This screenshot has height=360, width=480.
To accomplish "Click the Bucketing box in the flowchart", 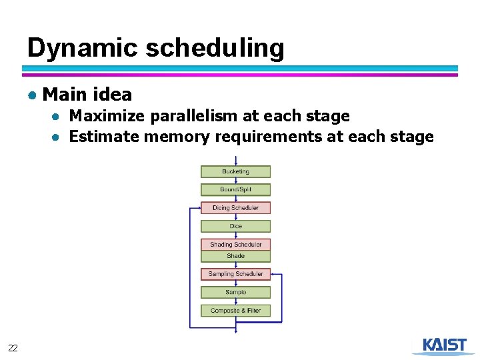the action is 235,171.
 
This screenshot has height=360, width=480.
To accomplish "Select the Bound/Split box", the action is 235,189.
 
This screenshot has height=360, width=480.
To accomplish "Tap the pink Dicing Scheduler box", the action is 235,208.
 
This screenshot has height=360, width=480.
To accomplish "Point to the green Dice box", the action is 235,226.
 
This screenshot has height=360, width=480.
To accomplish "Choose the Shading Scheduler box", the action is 235,245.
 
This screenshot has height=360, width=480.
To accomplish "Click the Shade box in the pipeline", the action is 235,256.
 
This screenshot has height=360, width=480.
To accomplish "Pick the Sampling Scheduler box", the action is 235,274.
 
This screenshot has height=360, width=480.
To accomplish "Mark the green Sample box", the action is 235,292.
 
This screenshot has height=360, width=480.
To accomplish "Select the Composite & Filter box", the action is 235,311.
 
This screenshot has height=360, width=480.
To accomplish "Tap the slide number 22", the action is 13,348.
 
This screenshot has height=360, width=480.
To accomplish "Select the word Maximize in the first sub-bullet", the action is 107,116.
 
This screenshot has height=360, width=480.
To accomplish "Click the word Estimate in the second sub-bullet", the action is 104,137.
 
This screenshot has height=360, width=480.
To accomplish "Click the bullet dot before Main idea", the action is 32,95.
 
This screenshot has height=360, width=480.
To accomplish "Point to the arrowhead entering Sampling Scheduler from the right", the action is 273,274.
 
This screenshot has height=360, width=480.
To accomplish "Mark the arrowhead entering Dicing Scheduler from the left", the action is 198,208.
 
